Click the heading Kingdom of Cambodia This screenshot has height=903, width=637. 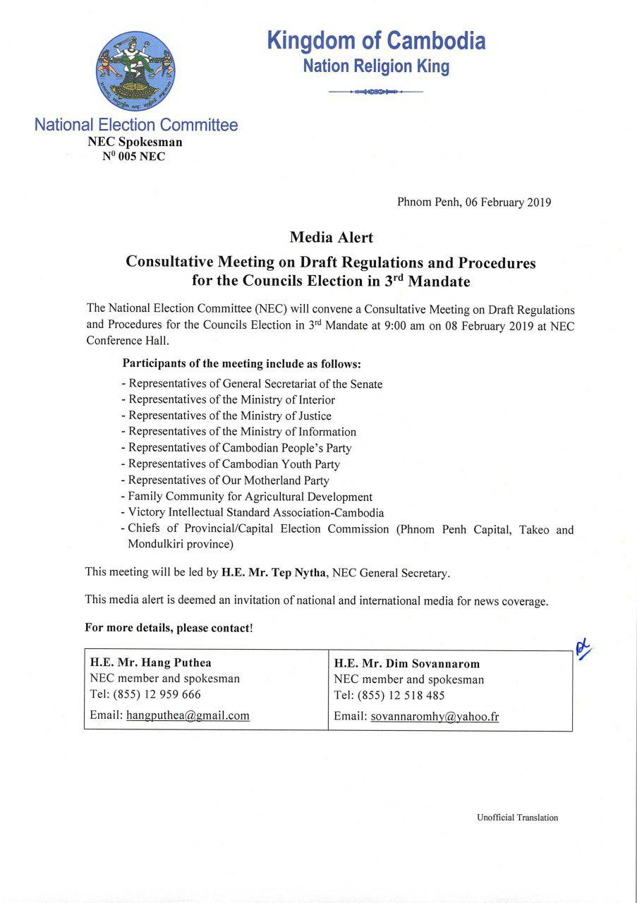tap(376, 41)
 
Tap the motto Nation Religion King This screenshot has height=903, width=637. tap(376, 66)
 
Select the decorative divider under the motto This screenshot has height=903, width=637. tap(376, 92)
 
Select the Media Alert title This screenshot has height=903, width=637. tap(331, 237)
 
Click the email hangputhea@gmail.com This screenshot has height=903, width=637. tap(188, 715)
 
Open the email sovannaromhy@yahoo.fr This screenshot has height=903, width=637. tap(435, 716)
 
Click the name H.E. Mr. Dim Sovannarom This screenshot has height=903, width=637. tap(407, 663)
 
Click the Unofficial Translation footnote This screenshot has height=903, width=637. tap(517, 818)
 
